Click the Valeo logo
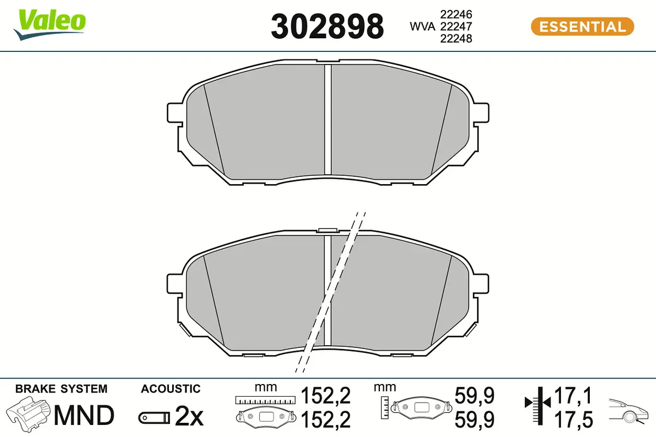50,25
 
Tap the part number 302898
327,27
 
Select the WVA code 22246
456,14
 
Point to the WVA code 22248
456,39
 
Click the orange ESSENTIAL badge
583,27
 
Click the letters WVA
422,27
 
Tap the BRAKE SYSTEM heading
61,389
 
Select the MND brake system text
84,415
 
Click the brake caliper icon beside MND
28,412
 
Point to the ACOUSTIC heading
171,389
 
